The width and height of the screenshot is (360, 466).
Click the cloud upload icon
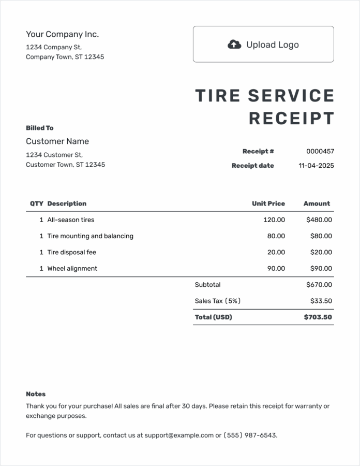234,45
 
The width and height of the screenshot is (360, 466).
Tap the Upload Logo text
273,45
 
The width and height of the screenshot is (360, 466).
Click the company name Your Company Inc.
62,34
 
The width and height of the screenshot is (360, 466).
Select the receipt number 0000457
320,151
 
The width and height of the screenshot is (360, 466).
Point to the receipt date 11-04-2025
317,166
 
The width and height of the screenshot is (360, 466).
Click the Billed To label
40,128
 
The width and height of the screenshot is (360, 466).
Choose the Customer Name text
57,141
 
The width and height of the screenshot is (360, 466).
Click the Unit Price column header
268,203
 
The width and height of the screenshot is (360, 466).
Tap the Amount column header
317,203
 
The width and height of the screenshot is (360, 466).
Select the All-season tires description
71,220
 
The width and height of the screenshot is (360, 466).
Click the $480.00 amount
319,220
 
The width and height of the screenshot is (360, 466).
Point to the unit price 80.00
276,236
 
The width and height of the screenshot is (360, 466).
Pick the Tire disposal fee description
72,252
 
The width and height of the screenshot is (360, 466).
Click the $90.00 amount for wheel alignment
321,268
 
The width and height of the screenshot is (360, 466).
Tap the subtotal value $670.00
319,284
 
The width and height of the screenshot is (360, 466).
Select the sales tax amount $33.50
321,301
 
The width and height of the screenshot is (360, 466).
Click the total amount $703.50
318,317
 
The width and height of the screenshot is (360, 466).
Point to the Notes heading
36,394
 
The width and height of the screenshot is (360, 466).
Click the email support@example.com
179,435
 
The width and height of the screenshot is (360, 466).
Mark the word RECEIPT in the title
292,119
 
